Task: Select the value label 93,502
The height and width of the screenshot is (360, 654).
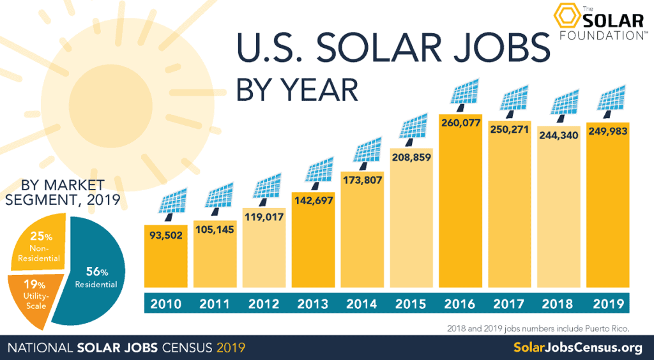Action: (165, 235)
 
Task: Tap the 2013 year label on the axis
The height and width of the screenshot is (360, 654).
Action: (313, 304)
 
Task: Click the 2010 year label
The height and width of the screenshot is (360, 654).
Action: (165, 304)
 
